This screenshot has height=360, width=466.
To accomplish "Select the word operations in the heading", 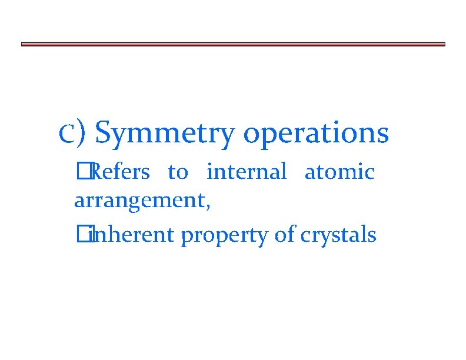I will click(315, 133).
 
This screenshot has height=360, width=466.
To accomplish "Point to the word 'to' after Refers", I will click(178, 172).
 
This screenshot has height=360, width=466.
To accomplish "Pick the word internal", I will click(246, 172).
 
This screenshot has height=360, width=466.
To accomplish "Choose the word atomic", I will click(339, 172).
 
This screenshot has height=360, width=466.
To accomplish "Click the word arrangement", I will click(139, 201).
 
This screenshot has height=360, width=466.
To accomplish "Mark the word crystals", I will click(338, 235).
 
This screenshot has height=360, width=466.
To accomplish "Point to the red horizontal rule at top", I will click(233, 44).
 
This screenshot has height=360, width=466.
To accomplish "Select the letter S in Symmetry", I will click(104, 132).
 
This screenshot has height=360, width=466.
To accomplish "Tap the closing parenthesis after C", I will click(82, 133).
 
